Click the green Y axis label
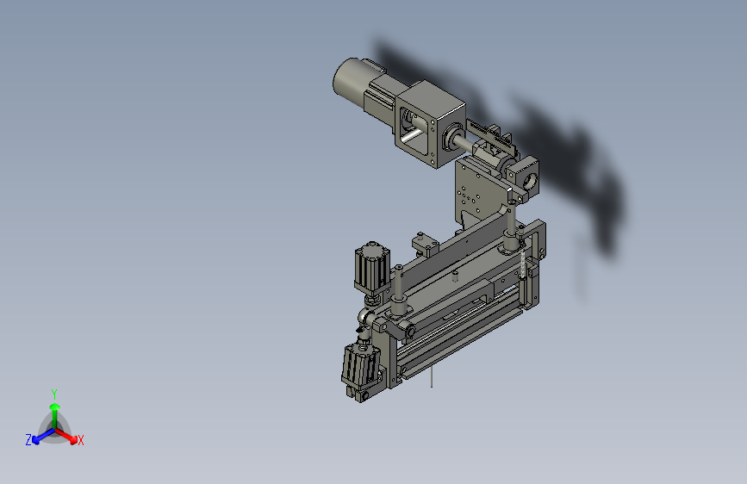54,394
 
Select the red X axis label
80,440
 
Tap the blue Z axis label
28,440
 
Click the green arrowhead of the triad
55,407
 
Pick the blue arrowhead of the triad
35,439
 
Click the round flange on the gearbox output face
452,137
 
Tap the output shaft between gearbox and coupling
465,143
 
